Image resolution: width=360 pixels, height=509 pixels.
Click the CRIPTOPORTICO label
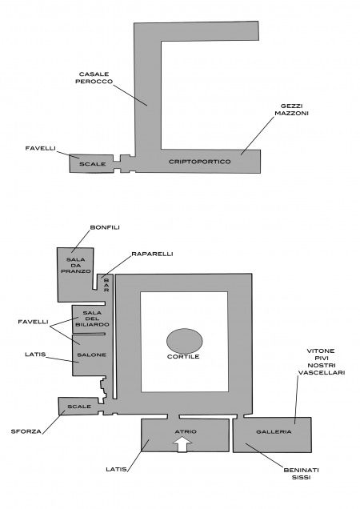pos(200,162)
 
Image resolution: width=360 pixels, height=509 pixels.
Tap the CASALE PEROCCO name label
pos(94,78)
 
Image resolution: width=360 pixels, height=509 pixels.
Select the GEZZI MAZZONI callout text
pos(291,110)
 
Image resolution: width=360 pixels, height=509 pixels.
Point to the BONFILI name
pos(105,227)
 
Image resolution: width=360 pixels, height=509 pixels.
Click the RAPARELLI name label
pos(152,254)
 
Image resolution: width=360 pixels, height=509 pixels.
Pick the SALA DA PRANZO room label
pos(76,265)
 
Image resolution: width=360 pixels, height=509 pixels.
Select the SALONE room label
pos(91,355)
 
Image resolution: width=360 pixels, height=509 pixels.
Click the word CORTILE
pos(183,356)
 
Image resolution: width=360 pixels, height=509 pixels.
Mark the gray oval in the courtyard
pos(184,341)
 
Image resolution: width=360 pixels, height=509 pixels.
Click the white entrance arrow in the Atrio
pos(183,443)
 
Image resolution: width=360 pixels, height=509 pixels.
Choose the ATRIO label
pos(186,431)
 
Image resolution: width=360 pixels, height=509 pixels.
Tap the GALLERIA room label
pos(274,431)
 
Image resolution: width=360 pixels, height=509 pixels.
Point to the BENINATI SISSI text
pos(302,473)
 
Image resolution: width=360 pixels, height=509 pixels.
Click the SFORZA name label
pos(26,431)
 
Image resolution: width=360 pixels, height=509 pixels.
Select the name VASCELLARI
pos(322,372)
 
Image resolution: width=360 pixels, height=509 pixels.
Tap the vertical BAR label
pos(106,285)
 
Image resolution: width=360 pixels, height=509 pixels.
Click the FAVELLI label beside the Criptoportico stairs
pos(41,148)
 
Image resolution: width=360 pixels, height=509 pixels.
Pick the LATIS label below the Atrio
pos(116,469)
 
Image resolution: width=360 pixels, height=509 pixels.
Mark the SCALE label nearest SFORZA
pos(79,407)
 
